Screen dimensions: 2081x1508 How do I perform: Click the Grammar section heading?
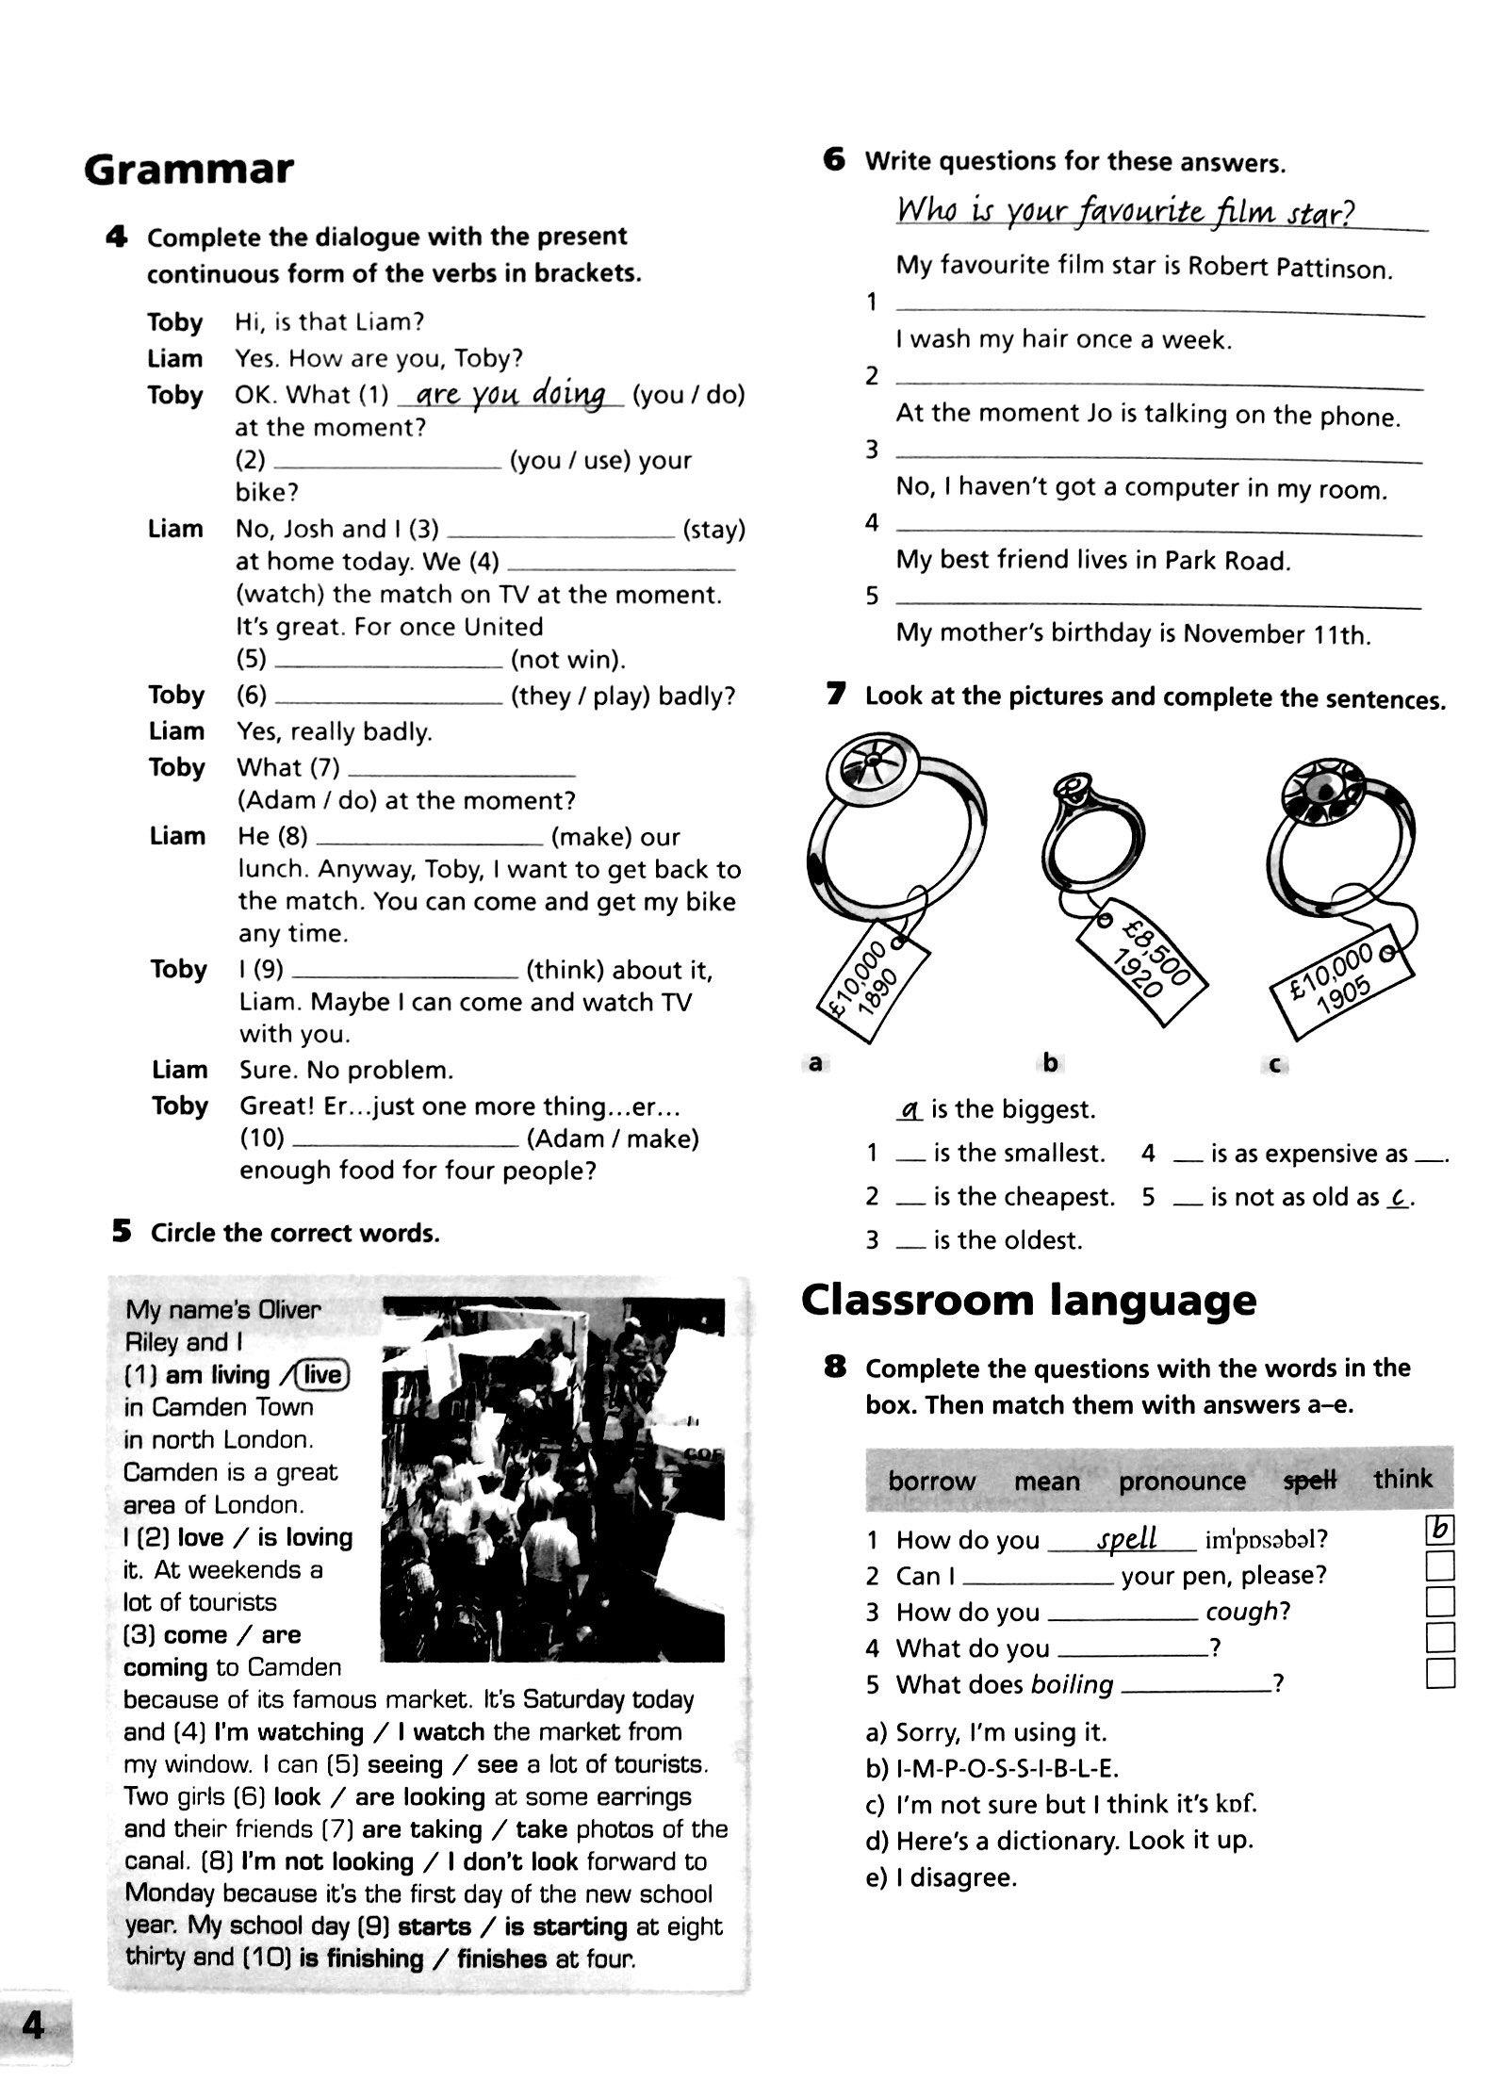coord(188,170)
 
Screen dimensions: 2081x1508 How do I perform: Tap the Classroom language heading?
coord(1028,1301)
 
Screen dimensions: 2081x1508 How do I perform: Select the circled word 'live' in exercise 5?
coord(322,1375)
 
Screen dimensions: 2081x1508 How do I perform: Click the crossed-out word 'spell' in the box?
coord(1310,1481)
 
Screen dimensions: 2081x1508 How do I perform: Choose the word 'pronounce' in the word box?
coord(1182,1482)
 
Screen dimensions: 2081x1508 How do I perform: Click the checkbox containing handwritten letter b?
coord(1440,1529)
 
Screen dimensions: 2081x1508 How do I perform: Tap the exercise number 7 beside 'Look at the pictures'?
coord(835,696)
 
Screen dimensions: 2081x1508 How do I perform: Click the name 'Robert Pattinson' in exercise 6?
coord(1289,269)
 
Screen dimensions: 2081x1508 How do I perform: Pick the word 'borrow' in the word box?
coord(931,1482)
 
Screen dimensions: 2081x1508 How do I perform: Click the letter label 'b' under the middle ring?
coord(1050,1062)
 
